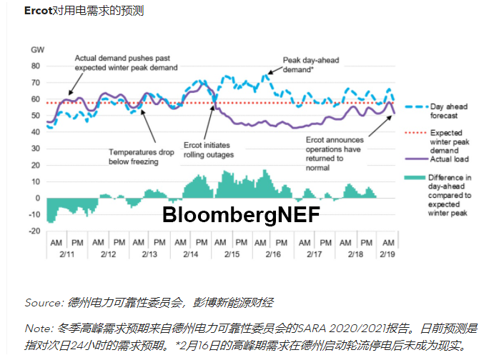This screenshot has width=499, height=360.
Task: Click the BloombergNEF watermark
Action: [x=240, y=214]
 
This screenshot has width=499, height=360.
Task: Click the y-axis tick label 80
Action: [x=36, y=66]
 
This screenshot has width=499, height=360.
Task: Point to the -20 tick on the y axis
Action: [x=34, y=231]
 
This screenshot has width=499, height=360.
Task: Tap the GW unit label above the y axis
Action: [x=37, y=49]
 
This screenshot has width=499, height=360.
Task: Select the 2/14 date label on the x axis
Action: [x=191, y=254]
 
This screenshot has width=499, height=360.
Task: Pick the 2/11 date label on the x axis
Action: [x=67, y=254]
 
